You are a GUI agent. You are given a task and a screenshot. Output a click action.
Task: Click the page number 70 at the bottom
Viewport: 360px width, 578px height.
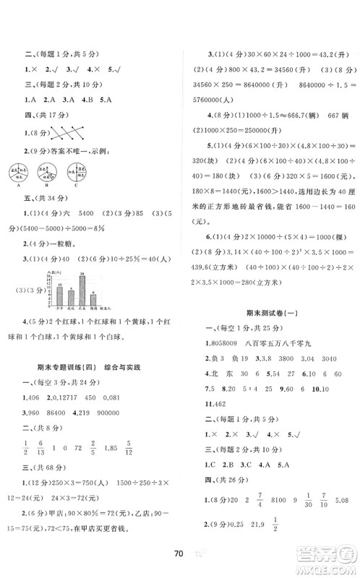pyautogui.click(x=179, y=556)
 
